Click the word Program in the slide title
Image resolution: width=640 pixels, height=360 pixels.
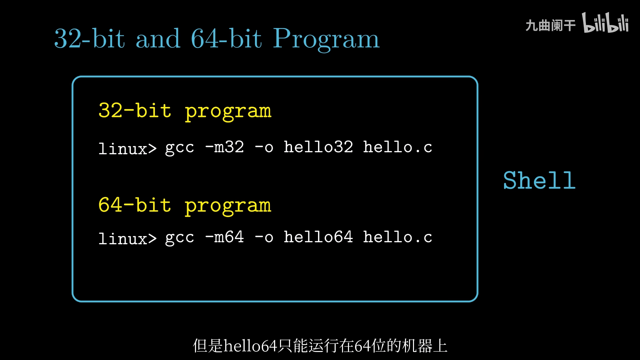(x=326, y=39)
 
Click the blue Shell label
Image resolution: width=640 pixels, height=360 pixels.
(x=539, y=180)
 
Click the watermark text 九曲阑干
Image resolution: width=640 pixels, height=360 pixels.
(x=550, y=25)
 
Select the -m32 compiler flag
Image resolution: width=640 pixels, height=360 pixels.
(x=225, y=147)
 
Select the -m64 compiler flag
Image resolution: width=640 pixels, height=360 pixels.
(x=225, y=237)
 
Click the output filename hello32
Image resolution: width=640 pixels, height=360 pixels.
(x=318, y=147)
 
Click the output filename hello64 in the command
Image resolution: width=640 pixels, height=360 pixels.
(x=318, y=237)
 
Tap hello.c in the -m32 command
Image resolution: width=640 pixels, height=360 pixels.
(x=398, y=147)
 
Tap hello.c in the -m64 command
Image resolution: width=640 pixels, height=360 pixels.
(x=398, y=237)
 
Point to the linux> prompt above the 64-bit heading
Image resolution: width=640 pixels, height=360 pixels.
(x=127, y=148)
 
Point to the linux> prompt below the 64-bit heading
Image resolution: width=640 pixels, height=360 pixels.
(x=127, y=238)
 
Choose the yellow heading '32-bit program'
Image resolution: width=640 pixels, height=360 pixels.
(x=185, y=111)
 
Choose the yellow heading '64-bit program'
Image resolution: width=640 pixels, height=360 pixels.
(x=185, y=206)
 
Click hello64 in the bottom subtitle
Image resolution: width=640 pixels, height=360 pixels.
(x=250, y=346)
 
